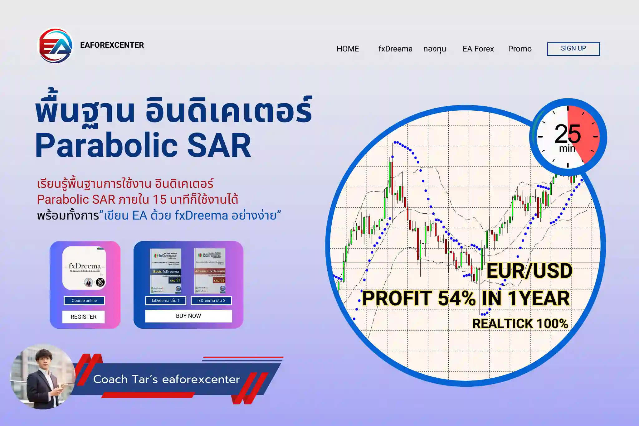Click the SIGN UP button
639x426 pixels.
pos(573,49)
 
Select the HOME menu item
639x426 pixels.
pos(348,49)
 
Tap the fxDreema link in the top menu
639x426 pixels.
pos(395,49)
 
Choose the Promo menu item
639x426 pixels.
pos(519,49)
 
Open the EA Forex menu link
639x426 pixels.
pos(478,49)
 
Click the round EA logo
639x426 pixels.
pos(55,46)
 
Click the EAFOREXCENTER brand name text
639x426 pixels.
pos(112,45)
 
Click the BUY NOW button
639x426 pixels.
pos(188,316)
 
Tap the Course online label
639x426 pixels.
pos(84,301)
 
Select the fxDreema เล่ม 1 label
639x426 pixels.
pos(166,301)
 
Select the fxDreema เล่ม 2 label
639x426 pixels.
pos(211,301)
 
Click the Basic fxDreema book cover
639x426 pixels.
pos(166,271)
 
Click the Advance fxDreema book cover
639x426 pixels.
pos(210,271)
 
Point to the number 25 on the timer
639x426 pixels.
pos(567,134)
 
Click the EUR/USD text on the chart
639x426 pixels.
pos(529,271)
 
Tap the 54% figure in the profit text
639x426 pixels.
pos(456,298)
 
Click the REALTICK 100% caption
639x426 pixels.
pos(520,324)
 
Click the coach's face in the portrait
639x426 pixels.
pos(43,361)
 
